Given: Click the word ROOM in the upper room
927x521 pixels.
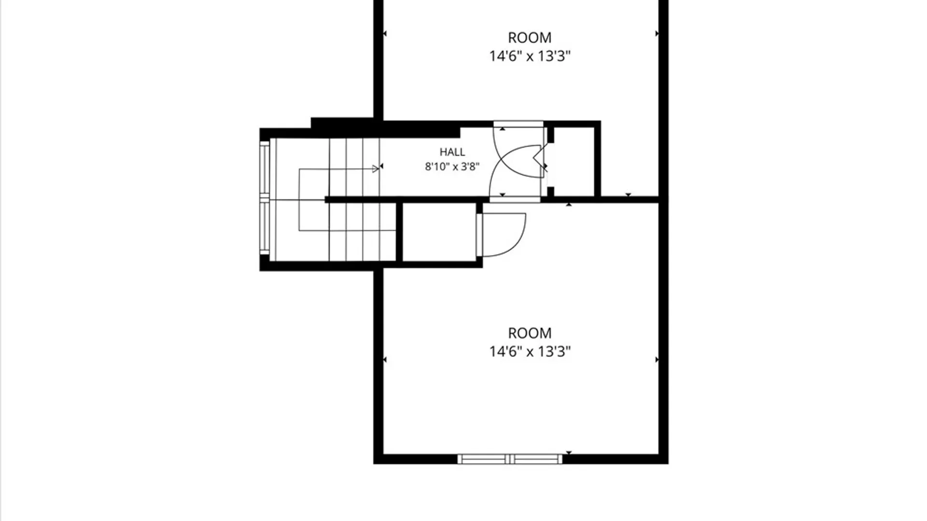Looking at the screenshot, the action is pos(530,38).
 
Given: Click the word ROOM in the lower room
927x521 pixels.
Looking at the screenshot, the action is pos(530,333).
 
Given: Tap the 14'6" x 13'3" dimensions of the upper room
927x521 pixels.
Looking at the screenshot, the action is pos(530,56).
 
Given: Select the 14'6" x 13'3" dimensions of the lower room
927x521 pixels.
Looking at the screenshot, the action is pos(530,352).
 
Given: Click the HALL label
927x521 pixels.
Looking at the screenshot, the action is pos(452,152).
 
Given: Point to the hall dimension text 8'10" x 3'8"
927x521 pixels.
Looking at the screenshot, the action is pos(452,167).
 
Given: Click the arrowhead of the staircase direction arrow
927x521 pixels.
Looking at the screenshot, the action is pos(376,169).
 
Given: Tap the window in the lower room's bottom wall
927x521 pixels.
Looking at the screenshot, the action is pos(510,459).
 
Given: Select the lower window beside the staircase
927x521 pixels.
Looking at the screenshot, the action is pos(265,227).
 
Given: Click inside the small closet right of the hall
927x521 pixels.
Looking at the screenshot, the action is pos(574,162).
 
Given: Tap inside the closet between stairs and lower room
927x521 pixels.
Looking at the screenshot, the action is pos(439,232).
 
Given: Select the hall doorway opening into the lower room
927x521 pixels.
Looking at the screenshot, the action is pos(515,200).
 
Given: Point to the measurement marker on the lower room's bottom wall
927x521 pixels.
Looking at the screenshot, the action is pos(569,452).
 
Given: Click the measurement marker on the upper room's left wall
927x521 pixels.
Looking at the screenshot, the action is pos(385,33).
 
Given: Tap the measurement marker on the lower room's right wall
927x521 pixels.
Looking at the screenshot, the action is pos(657,359).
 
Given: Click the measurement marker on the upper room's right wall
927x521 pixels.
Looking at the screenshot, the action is pos(657,33).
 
